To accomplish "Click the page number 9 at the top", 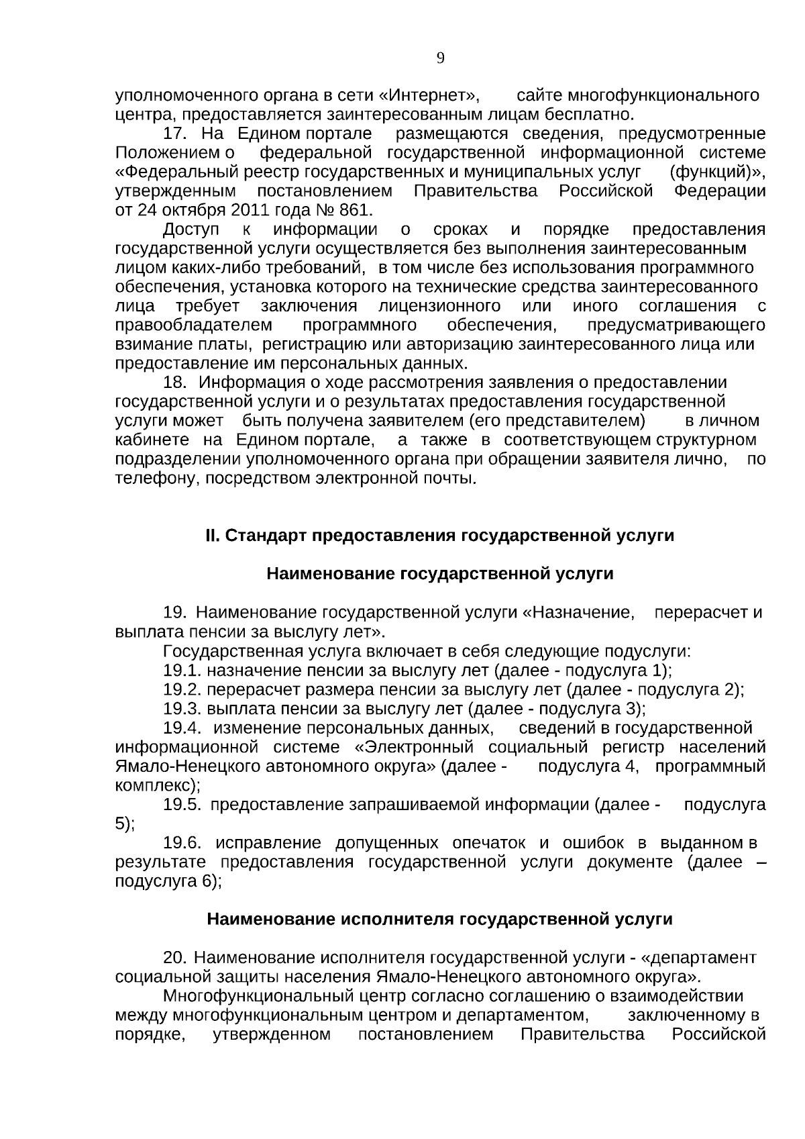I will coord(440,58).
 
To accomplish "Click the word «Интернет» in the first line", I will coord(429,95).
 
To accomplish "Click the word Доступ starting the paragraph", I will coord(191,230).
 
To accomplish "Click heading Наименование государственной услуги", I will coord(440,574).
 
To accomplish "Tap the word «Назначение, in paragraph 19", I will coord(578,613).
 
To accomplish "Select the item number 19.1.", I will coord(182,670).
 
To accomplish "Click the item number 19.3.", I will coord(182,709).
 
